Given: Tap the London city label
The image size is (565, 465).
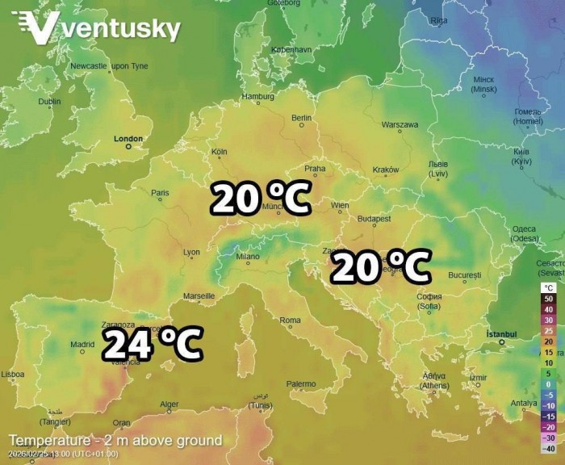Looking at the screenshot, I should click(x=128, y=139).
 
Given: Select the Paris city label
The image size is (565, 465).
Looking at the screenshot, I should click(x=161, y=192).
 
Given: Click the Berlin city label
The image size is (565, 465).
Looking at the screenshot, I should click(x=301, y=118).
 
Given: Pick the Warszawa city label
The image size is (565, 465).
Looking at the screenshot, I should click(x=400, y=125).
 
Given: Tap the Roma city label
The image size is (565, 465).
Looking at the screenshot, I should click(x=290, y=320).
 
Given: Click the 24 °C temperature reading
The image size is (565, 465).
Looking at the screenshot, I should click(x=152, y=345).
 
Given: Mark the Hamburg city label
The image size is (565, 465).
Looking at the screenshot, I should click(x=258, y=97).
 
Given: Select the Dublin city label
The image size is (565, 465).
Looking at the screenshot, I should click(x=49, y=102).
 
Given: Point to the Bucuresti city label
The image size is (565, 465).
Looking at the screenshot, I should click(x=464, y=275).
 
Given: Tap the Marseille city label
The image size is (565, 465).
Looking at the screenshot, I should click(x=199, y=296).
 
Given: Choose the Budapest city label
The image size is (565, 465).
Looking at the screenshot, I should click(x=375, y=219).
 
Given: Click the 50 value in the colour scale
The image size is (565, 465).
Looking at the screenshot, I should click(x=548, y=299).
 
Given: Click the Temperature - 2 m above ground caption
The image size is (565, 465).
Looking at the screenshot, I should click(x=115, y=441).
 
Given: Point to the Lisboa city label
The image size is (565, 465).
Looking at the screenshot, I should click(x=12, y=374).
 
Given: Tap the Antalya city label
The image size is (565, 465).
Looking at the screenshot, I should click(x=523, y=403).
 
